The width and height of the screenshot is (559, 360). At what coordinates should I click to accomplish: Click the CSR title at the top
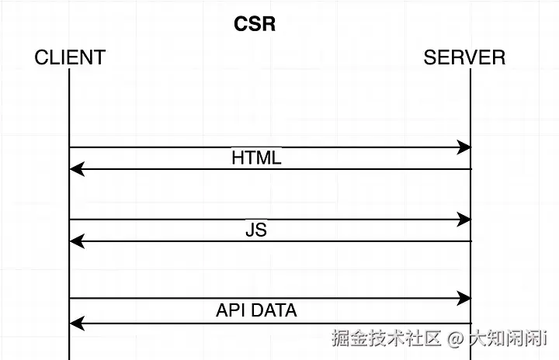[255, 24]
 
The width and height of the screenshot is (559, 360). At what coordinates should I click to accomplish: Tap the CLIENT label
[70, 57]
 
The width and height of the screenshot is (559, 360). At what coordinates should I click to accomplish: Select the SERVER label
[464, 57]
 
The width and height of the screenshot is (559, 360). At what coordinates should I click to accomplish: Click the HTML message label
[256, 158]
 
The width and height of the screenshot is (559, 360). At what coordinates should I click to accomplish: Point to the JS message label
[256, 230]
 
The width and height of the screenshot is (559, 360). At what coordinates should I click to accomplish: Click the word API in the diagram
[230, 310]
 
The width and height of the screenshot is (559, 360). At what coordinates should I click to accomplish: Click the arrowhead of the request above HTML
[465, 147]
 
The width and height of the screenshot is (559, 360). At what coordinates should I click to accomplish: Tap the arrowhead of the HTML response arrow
[75, 168]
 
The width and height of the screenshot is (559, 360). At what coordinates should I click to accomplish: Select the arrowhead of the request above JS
[465, 220]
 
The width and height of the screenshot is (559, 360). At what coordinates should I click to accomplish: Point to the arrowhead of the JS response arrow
[75, 241]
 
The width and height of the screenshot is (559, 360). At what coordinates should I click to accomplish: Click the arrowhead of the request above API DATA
[465, 298]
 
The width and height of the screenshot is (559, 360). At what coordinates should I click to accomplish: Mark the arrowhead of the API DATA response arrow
[75, 323]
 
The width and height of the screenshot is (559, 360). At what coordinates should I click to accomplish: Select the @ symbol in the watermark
[454, 339]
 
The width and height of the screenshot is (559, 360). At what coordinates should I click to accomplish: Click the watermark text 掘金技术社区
[387, 339]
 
